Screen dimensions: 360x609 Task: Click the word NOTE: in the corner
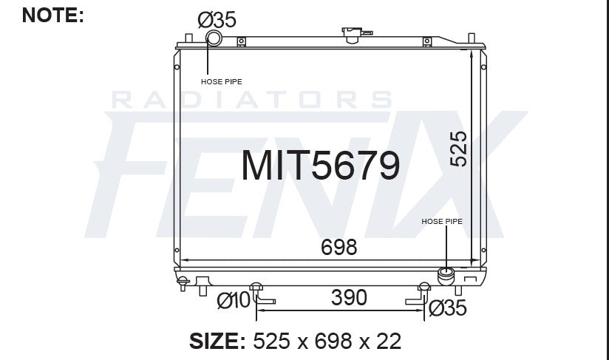tap(53, 14)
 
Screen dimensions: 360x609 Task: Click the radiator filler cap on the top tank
tap(350, 34)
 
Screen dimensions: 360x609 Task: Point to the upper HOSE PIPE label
tap(222, 81)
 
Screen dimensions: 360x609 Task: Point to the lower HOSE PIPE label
tap(441, 221)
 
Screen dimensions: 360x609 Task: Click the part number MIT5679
tap(321, 166)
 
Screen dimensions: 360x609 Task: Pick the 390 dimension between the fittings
tap(348, 297)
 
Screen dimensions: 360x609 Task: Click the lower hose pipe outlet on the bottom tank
tap(446, 276)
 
